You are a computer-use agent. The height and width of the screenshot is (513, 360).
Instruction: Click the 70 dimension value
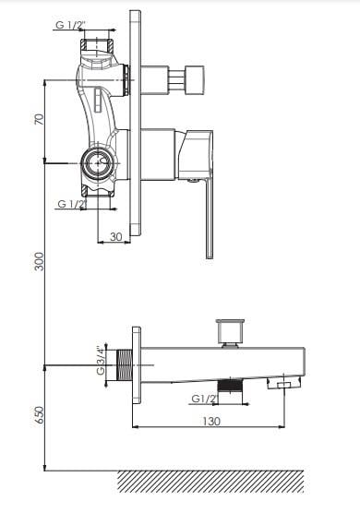click(39, 119)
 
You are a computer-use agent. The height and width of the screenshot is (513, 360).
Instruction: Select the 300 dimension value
click(39, 261)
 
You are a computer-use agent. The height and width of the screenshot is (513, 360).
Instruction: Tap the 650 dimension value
click(40, 415)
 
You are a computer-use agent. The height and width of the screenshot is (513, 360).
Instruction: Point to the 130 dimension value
click(211, 421)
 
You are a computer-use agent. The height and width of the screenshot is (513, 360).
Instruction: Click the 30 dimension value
click(116, 236)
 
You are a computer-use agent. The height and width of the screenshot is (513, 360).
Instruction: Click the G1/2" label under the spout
click(205, 399)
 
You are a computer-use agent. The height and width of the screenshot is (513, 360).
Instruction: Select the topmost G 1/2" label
click(70, 25)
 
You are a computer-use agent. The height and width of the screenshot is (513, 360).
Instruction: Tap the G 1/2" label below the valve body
click(72, 204)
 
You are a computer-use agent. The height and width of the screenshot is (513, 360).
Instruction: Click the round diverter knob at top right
click(195, 80)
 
